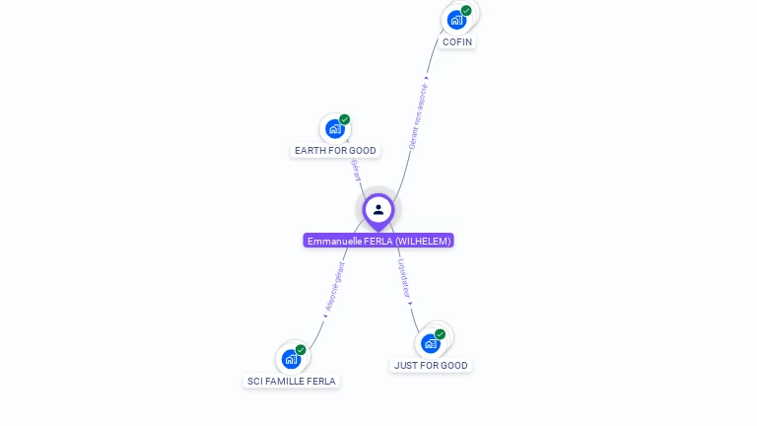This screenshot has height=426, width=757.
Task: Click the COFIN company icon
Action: (455, 20)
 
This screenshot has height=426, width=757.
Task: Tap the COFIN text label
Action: (457, 42)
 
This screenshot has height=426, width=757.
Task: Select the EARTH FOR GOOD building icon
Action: (334, 129)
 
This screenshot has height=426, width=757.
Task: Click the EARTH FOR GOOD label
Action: (335, 151)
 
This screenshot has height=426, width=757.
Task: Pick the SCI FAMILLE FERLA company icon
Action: (291, 359)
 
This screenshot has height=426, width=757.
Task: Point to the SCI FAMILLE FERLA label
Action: (292, 381)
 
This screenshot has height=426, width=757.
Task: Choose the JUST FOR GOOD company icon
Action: (430, 343)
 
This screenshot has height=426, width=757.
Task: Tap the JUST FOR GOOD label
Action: (431, 365)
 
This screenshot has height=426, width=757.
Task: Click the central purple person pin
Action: (378, 209)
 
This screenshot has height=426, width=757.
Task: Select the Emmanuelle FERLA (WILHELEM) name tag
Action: (378, 241)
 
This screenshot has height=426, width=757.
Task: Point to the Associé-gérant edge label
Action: (335, 286)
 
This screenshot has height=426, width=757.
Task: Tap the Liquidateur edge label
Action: (404, 278)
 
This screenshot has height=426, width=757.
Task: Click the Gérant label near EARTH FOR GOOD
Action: (354, 169)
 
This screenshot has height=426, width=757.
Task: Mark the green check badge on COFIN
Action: (466, 11)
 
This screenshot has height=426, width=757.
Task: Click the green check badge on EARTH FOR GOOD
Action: (345, 119)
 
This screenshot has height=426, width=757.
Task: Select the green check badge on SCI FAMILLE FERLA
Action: (301, 349)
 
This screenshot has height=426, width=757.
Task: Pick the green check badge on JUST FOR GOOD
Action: (441, 334)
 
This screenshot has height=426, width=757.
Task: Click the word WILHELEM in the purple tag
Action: (424, 241)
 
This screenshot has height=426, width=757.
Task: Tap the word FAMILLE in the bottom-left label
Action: (288, 381)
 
